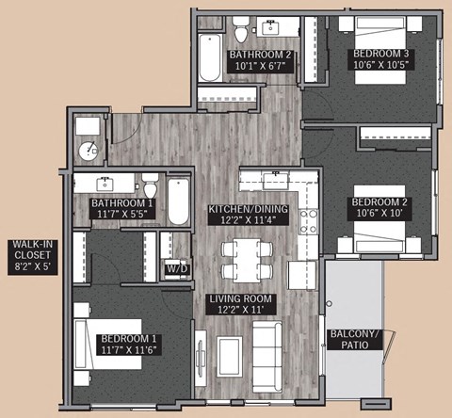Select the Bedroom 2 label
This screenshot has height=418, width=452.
point(379,207)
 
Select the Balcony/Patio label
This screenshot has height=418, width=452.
point(353,339)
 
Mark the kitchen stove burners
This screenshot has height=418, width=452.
point(307,220)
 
